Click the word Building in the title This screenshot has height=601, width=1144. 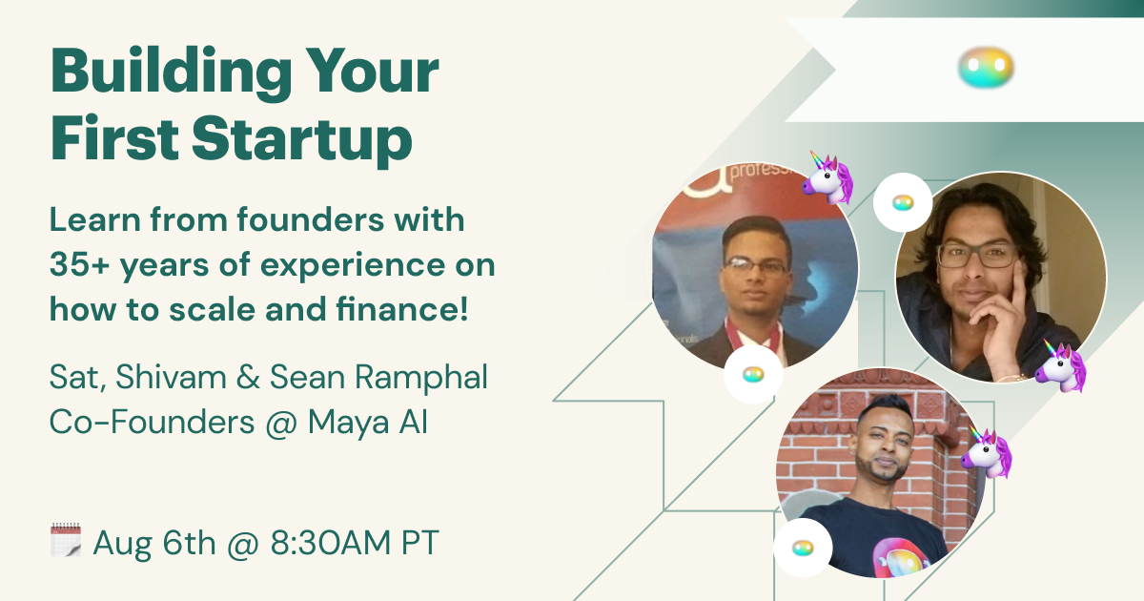coord(172,72)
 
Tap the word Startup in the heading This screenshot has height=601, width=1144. coord(302,139)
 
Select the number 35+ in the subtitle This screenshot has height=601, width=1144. coord(78,265)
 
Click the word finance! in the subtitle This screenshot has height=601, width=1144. coord(402,309)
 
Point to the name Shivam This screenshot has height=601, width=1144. coord(171,377)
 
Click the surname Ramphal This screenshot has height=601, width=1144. coord(420,378)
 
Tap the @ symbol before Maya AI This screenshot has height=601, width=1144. coord(281,424)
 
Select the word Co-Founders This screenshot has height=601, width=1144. coord(152,422)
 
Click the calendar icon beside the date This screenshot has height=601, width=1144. coord(66,540)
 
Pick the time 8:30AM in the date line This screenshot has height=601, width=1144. coord(331,542)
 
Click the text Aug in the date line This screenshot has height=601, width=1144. coord(123,544)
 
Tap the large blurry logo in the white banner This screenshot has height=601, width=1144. coord(986,68)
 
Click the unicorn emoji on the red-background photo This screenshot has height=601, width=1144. coord(827,177)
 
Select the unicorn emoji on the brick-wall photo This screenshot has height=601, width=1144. coord(987,452)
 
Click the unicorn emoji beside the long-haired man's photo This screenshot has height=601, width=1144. coord(1061,366)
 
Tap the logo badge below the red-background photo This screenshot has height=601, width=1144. coord(753,375)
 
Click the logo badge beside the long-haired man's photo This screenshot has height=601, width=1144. coord(903,203)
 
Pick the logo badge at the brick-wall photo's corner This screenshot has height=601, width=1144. coord(803,549)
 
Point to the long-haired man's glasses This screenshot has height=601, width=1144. coord(977,256)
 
